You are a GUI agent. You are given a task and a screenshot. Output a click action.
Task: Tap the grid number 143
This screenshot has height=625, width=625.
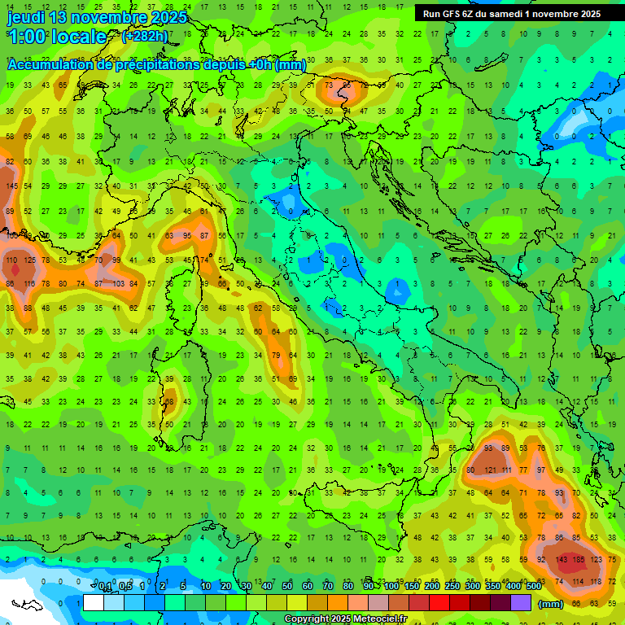pos(562,560)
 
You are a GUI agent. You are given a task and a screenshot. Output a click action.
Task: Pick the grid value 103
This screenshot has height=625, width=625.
pos(118,283)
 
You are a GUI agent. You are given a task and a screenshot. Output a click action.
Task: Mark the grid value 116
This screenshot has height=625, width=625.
pos(29,283)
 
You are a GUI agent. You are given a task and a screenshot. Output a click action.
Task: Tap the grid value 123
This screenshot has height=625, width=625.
pos(597,560)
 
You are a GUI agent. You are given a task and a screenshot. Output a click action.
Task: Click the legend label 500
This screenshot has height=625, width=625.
pos(533,586)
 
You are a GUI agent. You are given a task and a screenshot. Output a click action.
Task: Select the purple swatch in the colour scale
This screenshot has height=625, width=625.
pos(521,603)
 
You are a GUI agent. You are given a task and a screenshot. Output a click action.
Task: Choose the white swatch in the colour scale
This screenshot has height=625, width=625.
pos(94,603)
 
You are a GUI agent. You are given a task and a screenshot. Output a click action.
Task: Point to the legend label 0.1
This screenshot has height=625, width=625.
pos(106,586)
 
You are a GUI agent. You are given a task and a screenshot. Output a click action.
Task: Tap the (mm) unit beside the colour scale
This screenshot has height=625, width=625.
pos(551,604)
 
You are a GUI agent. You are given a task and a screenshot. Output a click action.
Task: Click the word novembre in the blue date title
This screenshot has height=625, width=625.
pos(107,17)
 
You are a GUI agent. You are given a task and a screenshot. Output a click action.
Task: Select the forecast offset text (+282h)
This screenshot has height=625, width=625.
pos(145,36)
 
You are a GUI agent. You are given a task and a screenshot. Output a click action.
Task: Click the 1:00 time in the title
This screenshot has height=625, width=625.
pos(27,37)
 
